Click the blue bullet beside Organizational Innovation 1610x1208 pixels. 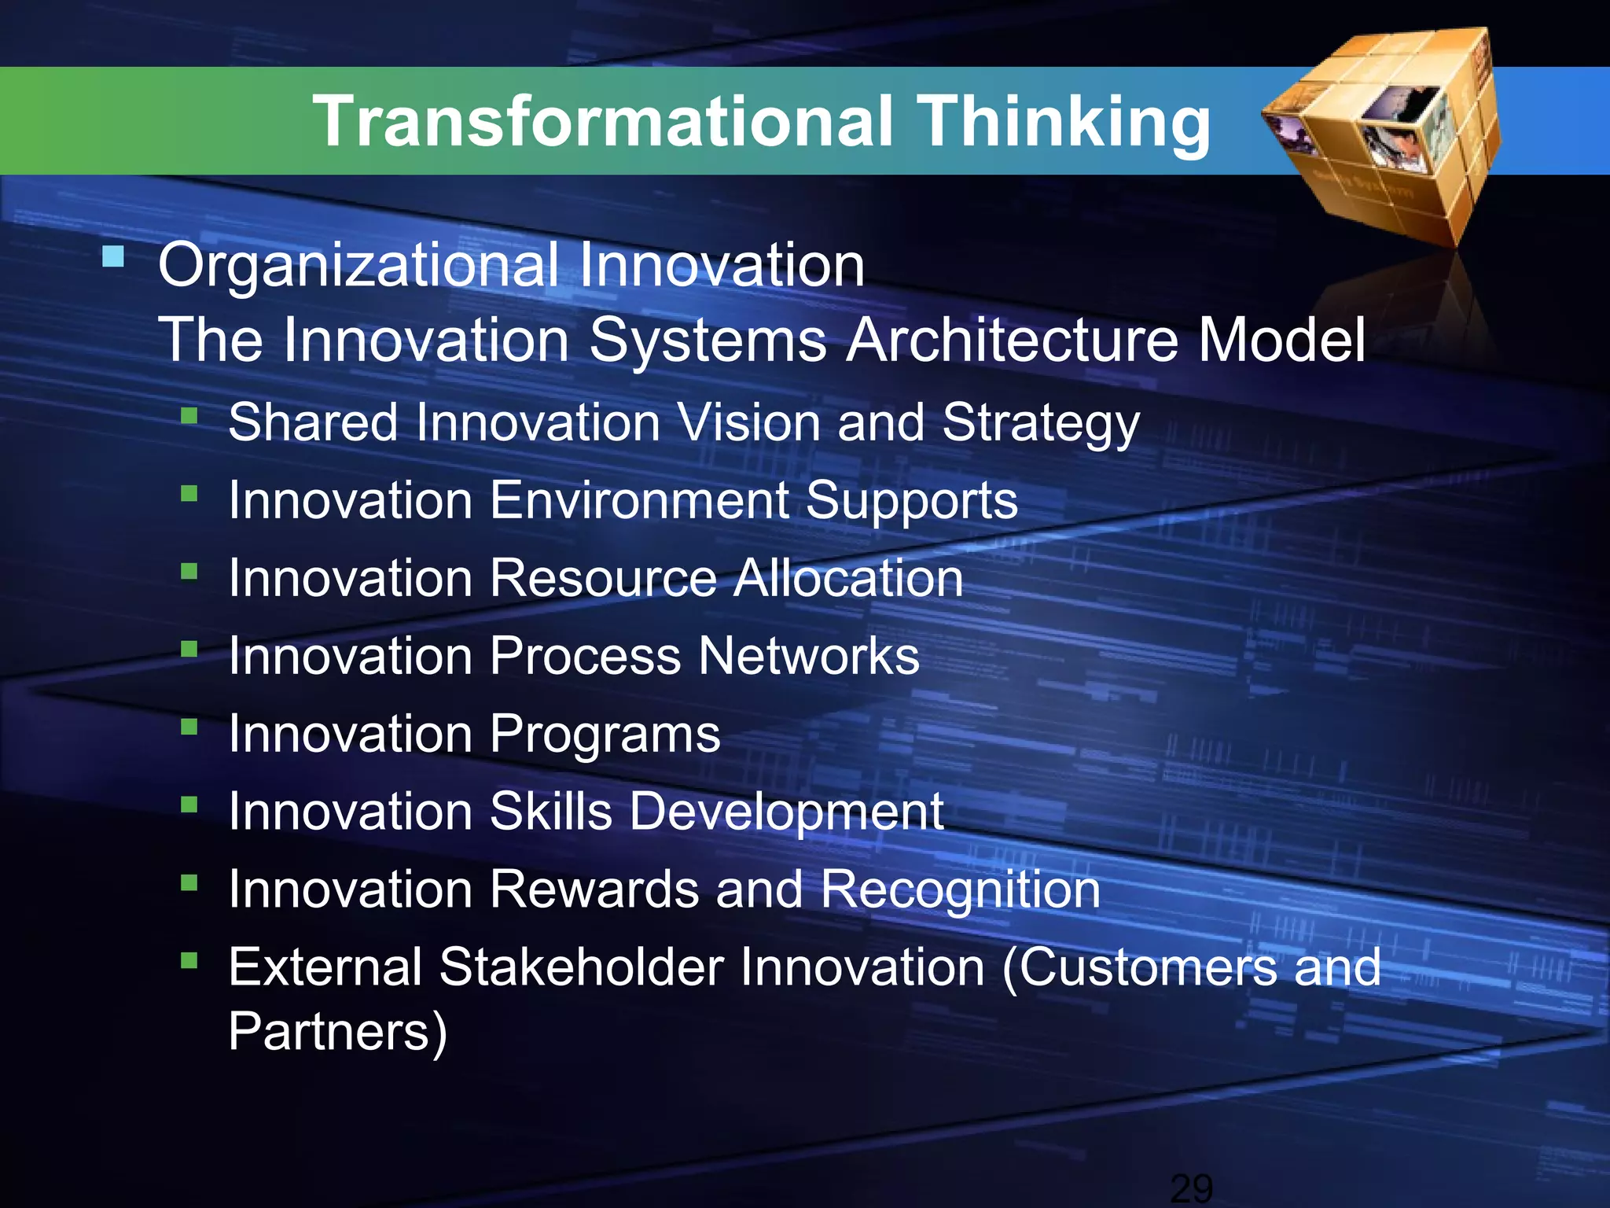coord(113,256)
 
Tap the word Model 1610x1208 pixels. coord(1281,340)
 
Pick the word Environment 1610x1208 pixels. coord(639,500)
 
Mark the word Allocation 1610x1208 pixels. coord(848,578)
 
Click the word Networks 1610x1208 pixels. coord(809,656)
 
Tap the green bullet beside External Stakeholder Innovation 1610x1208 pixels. coord(189,959)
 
